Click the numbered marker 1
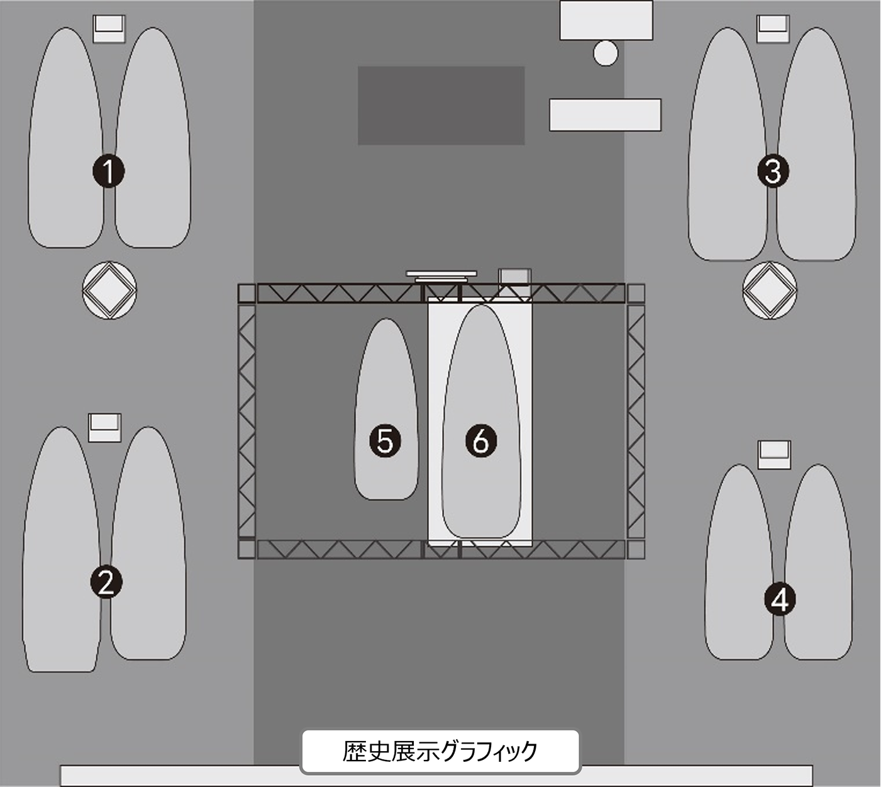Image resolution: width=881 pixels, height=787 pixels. click(x=109, y=171)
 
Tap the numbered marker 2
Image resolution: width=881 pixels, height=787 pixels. click(x=106, y=582)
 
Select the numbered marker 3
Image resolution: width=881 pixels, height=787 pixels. click(x=773, y=171)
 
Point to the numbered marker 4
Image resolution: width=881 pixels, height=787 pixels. click(x=780, y=600)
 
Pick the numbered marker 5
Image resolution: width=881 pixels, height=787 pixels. click(x=385, y=441)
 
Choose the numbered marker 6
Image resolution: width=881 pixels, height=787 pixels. click(x=481, y=441)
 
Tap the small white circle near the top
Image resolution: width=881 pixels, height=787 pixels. click(x=606, y=53)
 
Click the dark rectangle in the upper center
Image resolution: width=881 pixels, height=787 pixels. click(x=441, y=105)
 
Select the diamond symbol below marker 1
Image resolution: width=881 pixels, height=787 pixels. click(x=109, y=290)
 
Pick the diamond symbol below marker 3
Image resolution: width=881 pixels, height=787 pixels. click(x=770, y=290)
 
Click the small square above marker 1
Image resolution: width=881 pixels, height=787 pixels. click(x=109, y=29)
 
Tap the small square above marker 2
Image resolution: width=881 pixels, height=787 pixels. click(x=105, y=428)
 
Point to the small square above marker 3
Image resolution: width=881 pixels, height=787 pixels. click(x=773, y=29)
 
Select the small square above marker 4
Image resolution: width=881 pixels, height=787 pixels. click(x=774, y=455)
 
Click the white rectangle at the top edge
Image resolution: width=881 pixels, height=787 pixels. click(x=606, y=20)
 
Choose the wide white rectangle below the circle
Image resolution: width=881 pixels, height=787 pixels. click(x=606, y=115)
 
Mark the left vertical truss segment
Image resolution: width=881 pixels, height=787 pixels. click(x=247, y=421)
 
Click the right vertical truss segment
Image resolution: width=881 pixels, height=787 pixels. click(x=636, y=421)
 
